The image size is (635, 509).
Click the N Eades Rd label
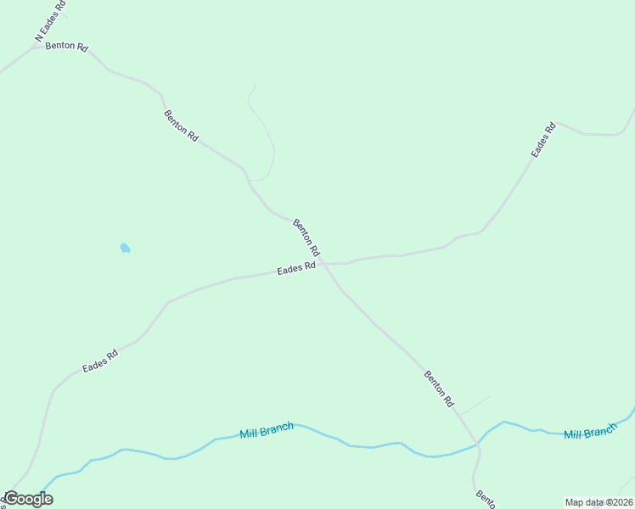tap(50, 20)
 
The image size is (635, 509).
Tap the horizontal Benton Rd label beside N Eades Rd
tap(67, 46)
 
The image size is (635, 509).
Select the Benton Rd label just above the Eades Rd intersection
tap(306, 238)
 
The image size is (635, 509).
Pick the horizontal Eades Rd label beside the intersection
tap(296, 269)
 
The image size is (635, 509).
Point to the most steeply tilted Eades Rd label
tap(543, 140)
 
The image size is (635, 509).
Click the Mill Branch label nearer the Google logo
tap(267, 430)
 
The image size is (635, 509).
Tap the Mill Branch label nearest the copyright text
tap(590, 433)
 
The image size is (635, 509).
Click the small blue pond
tap(125, 248)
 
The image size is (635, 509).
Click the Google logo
tap(29, 499)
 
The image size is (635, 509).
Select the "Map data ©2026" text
tap(598, 502)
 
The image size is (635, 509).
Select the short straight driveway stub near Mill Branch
tap(475, 405)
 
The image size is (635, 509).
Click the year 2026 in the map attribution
tap(621, 502)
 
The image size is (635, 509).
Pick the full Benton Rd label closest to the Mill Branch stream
tap(439, 389)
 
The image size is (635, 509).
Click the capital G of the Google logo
tap(11, 499)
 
